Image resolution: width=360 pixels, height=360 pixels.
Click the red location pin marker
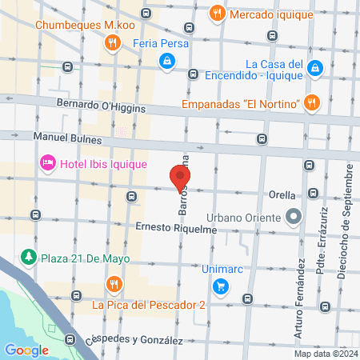pos(181,177)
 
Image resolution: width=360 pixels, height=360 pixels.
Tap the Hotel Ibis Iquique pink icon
pos(47,164)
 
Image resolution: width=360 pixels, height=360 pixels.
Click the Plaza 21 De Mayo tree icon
pos(29,256)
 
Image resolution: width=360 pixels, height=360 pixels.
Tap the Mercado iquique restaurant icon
pos(216,14)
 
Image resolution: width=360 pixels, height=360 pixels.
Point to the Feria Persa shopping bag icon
pos(166,61)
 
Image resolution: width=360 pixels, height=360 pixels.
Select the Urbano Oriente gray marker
pos(294,216)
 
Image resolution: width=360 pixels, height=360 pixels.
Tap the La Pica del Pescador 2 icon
pos(114,285)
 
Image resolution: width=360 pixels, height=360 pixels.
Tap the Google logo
pos(26,350)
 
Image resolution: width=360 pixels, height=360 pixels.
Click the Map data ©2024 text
pos(326,354)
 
